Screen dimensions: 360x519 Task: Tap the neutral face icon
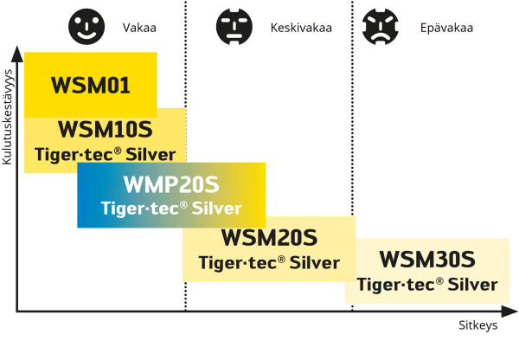[236, 26]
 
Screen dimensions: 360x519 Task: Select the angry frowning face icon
[381, 26]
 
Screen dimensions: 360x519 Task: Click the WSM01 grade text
[90, 86]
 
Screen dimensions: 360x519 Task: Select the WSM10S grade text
[105, 131]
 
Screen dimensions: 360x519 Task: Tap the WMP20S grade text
[171, 185]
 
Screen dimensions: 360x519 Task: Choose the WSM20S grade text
[269, 237]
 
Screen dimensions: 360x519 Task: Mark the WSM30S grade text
[427, 259]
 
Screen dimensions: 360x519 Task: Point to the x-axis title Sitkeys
[477, 326]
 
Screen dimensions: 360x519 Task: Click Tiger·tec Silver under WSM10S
[105, 156]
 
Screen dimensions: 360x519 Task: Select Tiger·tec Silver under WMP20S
[171, 209]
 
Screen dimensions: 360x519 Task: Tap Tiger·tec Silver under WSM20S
[269, 262]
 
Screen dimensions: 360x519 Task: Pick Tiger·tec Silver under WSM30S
[427, 284]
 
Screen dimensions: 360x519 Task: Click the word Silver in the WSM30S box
[469, 284]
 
